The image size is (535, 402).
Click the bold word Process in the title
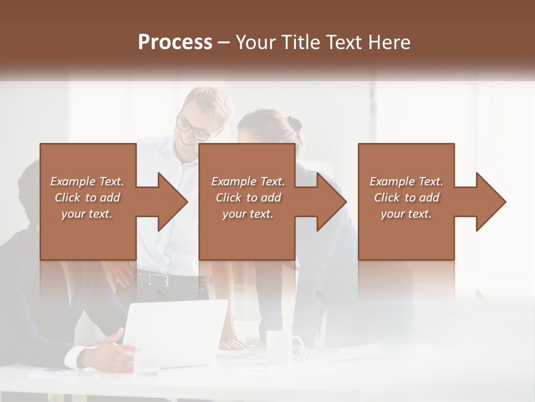pos(175,42)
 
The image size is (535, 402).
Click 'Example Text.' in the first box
pos(87,181)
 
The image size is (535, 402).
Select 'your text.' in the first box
pos(87,214)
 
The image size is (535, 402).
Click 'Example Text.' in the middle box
pos(248,181)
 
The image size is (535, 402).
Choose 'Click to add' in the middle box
pos(248,198)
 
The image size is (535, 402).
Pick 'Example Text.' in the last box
pos(406,181)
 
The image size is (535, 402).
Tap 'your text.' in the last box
pos(406,214)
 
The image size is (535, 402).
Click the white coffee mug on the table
pos(281,343)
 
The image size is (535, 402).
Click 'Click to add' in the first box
pos(87,198)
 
